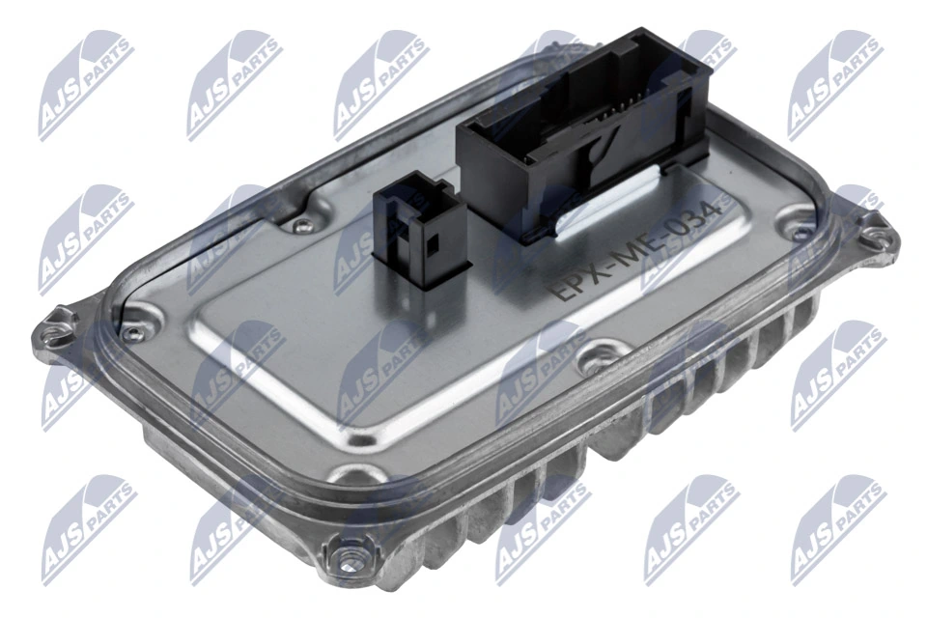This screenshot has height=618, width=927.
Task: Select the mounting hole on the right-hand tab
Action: click(x=874, y=232)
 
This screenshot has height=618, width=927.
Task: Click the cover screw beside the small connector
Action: click(x=303, y=226)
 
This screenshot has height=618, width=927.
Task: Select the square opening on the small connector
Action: click(x=432, y=240)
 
